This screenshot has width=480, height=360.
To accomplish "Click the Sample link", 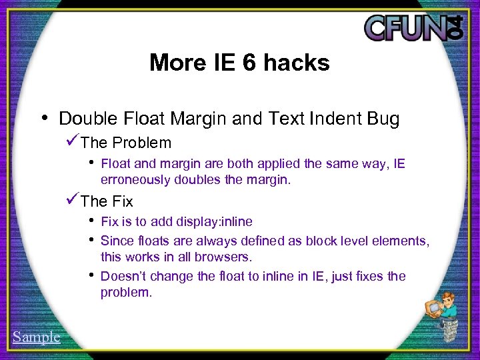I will pos(36,337).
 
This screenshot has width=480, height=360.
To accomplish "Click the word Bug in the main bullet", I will pos(382,119).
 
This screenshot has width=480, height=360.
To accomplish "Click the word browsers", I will pos(229,257).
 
